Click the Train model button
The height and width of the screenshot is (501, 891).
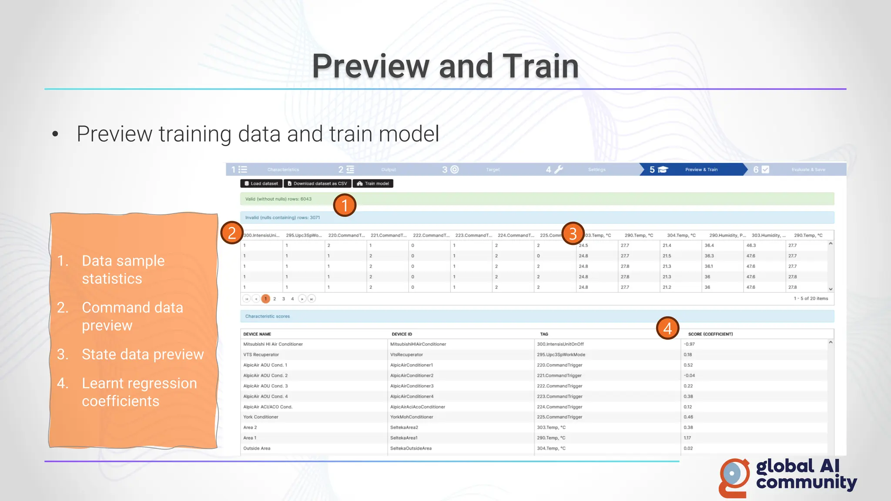373,184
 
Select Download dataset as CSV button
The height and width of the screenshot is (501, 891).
317,184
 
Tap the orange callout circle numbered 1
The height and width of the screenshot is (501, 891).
345,205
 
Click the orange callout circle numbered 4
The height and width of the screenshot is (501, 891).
667,328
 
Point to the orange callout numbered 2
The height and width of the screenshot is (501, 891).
231,233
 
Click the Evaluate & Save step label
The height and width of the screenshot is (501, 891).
808,170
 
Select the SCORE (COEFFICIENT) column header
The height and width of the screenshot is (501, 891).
710,334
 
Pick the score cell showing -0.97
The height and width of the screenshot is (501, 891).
689,344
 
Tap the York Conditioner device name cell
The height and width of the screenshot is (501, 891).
261,417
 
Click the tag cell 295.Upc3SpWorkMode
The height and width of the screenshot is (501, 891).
561,354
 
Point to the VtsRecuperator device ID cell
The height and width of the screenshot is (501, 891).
406,354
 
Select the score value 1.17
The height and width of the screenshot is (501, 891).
687,438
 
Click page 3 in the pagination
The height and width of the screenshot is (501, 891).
284,299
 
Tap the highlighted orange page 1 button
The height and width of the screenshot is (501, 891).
265,299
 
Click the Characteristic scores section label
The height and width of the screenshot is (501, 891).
267,316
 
